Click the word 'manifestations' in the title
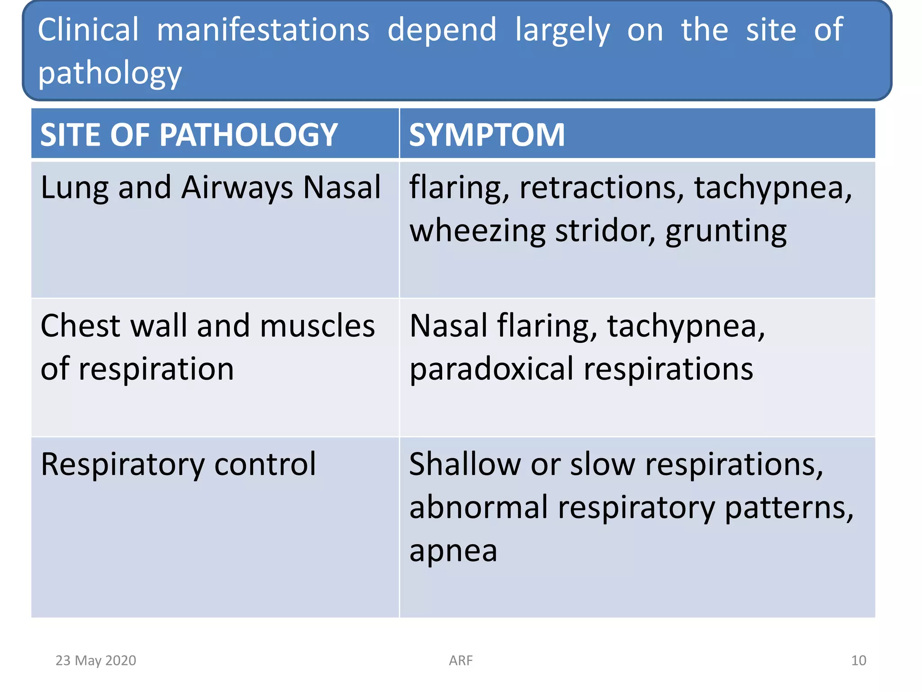[263, 30]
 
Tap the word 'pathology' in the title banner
[109, 73]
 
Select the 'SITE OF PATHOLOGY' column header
[189, 135]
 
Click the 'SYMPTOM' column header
[486, 135]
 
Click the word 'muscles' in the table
[317, 326]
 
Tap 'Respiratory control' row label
[178, 464]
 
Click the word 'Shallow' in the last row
[465, 464]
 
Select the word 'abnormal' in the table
[478, 507]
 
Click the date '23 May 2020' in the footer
[95, 660]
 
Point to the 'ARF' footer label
[461, 660]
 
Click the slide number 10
[858, 660]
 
